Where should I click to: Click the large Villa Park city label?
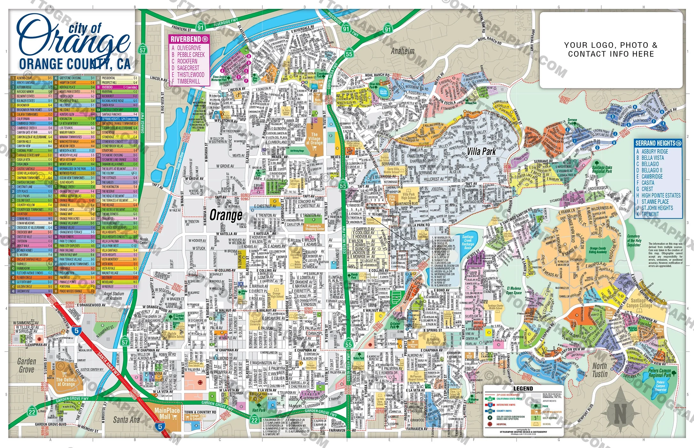coord(481,151)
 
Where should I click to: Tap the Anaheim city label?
coord(402,51)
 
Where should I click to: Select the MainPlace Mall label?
coord(167,413)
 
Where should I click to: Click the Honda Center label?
coord(144,241)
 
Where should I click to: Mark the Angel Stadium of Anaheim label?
coord(114,296)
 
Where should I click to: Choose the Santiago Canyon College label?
coord(639,303)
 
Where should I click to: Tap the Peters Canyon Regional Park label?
coord(659,373)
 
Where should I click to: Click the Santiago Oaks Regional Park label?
coord(602,169)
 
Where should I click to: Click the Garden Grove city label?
coord(27,365)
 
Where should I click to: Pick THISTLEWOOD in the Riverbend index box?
coord(191,75)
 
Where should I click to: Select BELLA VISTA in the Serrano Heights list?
coord(652,158)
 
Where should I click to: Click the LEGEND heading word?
coord(523,388)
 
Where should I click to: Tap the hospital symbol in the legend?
coord(489,424)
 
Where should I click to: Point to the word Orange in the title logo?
coord(74,40)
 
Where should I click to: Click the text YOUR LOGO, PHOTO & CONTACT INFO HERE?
coord(611,50)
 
